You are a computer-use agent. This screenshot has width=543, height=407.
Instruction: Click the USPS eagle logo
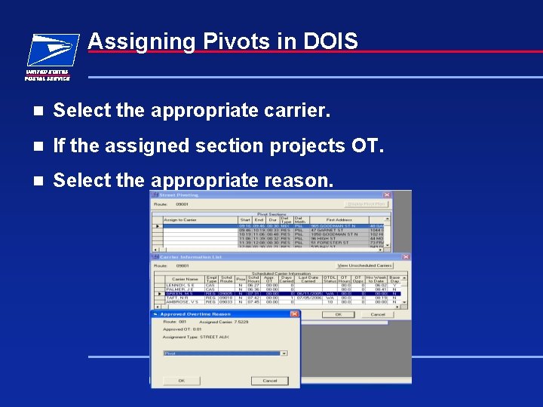click(51, 50)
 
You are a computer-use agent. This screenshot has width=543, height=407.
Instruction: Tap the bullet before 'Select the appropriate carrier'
click(35, 112)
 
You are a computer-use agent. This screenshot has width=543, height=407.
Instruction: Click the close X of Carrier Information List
click(406, 257)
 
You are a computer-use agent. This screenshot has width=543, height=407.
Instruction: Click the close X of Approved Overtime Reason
click(294, 314)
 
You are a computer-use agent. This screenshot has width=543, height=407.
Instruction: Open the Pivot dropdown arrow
click(284, 353)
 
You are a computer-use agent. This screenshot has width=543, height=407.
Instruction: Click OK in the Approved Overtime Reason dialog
click(181, 381)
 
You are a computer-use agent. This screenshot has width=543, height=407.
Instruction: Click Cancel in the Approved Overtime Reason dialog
click(269, 381)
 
